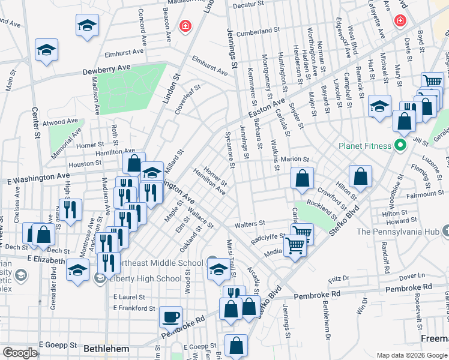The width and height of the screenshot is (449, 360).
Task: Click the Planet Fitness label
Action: point(364,145)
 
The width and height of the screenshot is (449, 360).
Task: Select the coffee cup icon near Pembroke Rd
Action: point(170,316)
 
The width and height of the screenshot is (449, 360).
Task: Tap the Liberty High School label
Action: point(143,278)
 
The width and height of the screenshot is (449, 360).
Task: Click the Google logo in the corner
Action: point(20,353)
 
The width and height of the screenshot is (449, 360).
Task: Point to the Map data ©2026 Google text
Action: point(411,355)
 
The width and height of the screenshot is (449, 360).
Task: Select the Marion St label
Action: point(295,160)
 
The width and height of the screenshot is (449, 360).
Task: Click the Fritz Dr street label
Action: point(339,280)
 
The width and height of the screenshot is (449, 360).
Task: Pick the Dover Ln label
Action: point(412,277)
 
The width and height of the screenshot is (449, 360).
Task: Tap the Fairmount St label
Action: point(425,194)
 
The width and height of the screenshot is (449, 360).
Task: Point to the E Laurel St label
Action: point(128,297)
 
